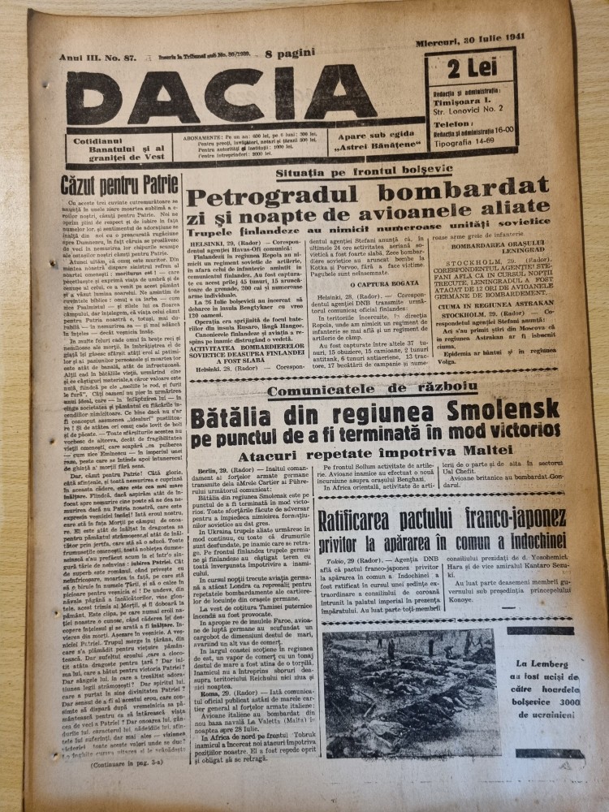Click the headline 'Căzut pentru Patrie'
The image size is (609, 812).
pyautogui.click(x=111, y=184)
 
